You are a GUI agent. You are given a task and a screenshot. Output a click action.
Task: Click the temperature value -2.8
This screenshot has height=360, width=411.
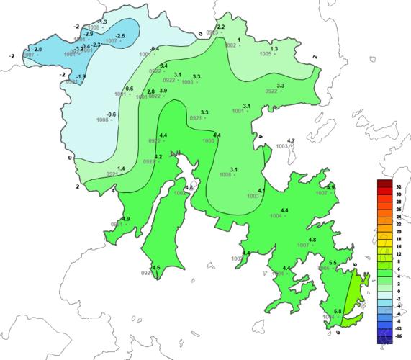[x=37, y=49]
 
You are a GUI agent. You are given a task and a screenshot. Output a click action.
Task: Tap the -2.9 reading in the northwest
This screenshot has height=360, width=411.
[x=89, y=34]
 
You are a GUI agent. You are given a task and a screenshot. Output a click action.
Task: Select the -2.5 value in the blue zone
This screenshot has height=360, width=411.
[x=120, y=36]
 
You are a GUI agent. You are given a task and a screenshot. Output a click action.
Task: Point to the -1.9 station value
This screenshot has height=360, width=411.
[x=81, y=77]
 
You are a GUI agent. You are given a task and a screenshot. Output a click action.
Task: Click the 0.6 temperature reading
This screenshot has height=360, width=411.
[x=130, y=89]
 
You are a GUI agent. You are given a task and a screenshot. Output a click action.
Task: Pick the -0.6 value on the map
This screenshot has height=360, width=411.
[x=111, y=114]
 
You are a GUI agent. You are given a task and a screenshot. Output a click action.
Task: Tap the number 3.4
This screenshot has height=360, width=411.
[x=163, y=66]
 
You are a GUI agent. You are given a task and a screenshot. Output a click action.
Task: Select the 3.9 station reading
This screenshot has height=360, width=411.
[x=163, y=91]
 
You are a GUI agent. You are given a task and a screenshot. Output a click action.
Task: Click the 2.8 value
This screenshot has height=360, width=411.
[x=150, y=91]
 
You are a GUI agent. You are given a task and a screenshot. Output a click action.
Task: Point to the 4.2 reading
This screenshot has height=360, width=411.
[x=158, y=156]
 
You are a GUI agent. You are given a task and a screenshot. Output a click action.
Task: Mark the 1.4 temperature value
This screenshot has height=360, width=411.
[x=121, y=168]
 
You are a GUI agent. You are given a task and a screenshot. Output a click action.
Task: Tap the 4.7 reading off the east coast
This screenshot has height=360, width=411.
[x=292, y=140]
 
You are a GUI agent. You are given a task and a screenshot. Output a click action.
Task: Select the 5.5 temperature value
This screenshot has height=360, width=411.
[x=333, y=262]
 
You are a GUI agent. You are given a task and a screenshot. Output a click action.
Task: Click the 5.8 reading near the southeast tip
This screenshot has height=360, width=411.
[x=338, y=310]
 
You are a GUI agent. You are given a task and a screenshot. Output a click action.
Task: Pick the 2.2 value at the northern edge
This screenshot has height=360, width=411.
[x=221, y=27]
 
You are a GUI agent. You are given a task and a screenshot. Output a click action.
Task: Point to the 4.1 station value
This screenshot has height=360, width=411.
[x=262, y=191]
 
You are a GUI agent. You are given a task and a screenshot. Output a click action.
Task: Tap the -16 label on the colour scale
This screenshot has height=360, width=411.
[x=398, y=336]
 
